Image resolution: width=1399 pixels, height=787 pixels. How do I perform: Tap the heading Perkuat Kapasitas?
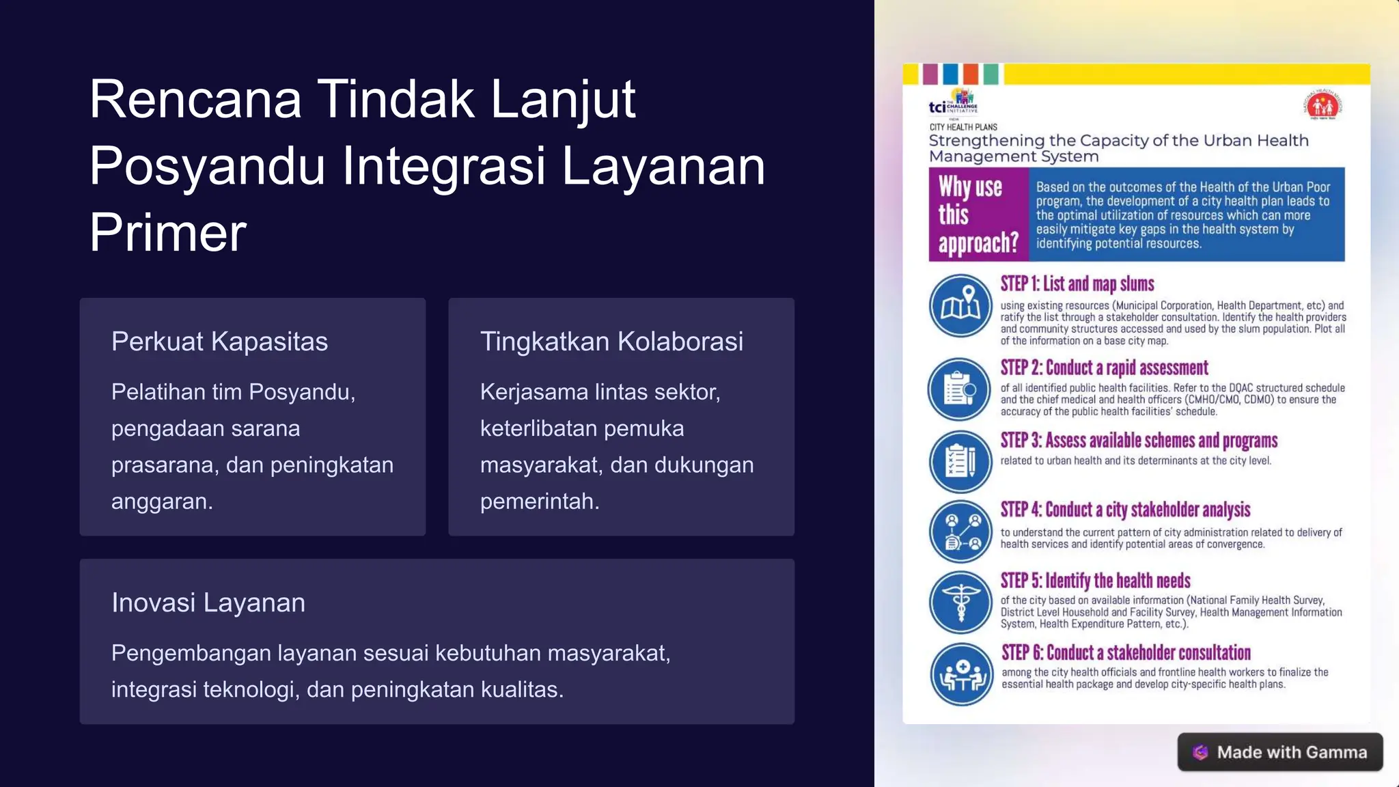point(219,342)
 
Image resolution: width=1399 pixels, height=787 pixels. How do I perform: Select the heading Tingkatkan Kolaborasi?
point(611,342)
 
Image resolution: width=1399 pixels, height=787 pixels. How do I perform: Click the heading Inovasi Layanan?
point(208,603)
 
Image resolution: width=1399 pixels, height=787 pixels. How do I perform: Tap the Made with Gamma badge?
point(1279,752)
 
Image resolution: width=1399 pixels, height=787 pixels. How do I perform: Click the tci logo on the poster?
point(952,102)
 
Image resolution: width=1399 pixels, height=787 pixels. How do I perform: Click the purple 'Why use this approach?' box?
point(978,215)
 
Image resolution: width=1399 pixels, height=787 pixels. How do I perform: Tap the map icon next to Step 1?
point(960,305)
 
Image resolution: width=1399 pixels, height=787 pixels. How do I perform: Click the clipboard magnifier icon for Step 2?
point(959,389)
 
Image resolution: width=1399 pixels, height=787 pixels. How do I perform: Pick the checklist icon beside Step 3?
point(960,461)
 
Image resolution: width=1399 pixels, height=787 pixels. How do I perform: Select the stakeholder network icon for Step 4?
point(960,531)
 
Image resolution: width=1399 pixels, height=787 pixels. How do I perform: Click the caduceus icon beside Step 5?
point(960,602)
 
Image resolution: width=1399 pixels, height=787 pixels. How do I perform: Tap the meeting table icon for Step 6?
point(961,674)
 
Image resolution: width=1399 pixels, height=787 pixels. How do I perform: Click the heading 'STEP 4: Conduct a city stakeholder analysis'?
point(1125,510)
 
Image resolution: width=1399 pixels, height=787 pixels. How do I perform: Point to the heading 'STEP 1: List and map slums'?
point(1077,284)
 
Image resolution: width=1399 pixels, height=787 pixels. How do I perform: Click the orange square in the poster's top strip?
point(970,74)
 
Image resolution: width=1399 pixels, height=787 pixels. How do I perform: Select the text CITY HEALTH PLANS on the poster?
point(962,127)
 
